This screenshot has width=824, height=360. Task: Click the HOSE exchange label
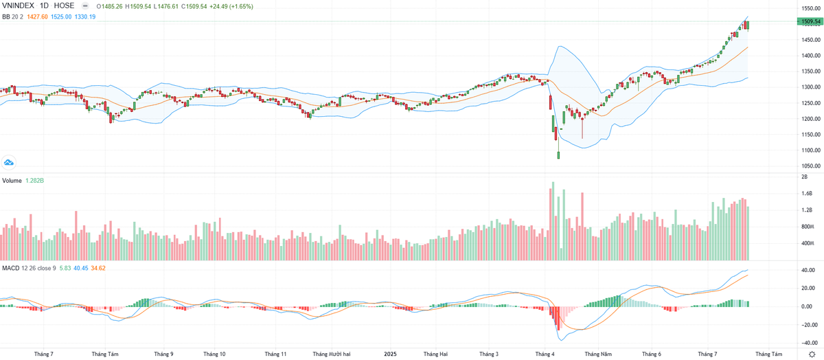pyautogui.click(x=65, y=6)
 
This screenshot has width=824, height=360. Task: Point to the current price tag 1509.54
pyautogui.click(x=810, y=21)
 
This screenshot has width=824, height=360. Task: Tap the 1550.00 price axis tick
pyautogui.click(x=810, y=8)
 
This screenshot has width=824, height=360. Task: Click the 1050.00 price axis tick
pyautogui.click(x=810, y=166)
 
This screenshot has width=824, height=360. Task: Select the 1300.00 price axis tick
pyautogui.click(x=810, y=87)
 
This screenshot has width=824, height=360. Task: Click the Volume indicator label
pyautogui.click(x=12, y=180)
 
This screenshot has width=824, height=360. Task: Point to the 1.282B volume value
pyautogui.click(x=34, y=180)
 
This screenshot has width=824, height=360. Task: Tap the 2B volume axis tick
pyautogui.click(x=804, y=177)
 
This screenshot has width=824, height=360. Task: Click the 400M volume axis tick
pyautogui.click(x=807, y=244)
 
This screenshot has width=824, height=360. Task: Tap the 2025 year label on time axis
pyautogui.click(x=389, y=354)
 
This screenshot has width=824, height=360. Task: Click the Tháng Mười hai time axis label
pyautogui.click(x=332, y=354)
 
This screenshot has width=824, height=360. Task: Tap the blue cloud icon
pyautogui.click(x=9, y=162)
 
